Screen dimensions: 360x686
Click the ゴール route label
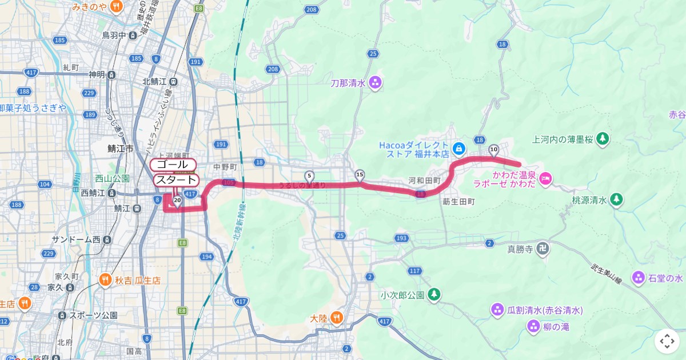point(173,165)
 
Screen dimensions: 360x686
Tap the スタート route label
point(176,180)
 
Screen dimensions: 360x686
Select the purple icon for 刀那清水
point(375,82)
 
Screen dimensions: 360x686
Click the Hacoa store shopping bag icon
point(458,149)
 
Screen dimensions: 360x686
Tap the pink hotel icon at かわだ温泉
point(545,179)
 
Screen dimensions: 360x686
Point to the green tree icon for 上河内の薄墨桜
point(602,138)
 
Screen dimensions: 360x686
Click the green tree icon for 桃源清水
point(616,199)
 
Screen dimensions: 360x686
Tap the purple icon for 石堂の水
point(638,278)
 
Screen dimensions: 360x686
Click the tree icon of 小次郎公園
point(434,294)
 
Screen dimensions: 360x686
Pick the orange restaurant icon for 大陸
point(337,318)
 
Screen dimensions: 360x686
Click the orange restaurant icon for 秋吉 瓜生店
point(105,280)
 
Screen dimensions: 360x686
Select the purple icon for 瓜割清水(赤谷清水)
point(497,310)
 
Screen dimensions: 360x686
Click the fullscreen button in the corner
point(667,341)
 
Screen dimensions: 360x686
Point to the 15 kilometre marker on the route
point(360,174)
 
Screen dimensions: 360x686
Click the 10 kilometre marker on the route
point(494,149)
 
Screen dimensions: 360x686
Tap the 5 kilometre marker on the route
point(309,175)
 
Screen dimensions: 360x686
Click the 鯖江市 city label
point(120,148)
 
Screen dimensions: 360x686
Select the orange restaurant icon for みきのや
point(116,7)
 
